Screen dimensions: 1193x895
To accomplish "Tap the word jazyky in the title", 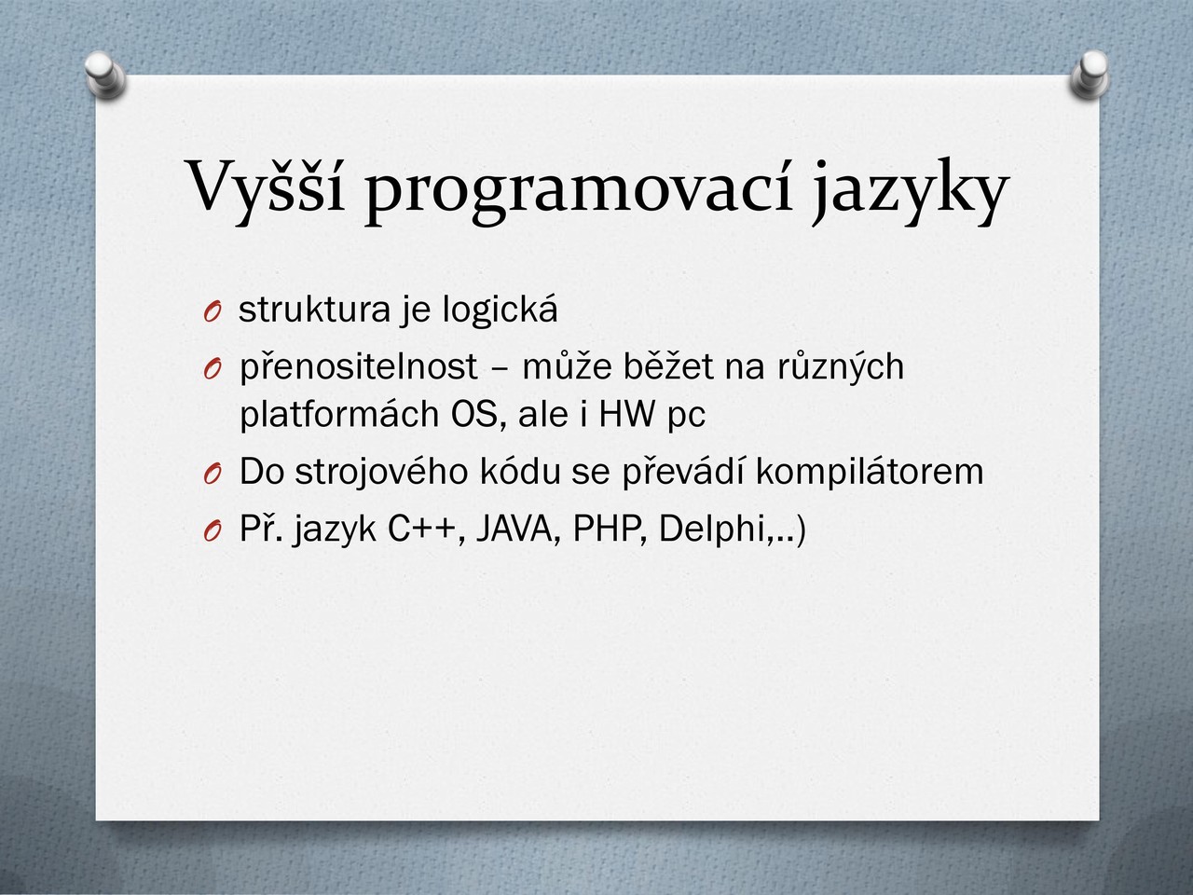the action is tap(909, 191).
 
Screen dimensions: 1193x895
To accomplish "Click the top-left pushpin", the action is tap(105, 75).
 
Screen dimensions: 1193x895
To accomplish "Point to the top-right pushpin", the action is tap(1090, 75).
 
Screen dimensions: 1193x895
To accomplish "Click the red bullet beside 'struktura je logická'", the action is tap(213, 312).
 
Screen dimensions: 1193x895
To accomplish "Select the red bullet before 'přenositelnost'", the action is tap(213, 369).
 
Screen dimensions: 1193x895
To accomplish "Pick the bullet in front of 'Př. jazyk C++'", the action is tap(213, 530).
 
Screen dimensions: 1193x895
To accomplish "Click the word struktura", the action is tap(315, 310).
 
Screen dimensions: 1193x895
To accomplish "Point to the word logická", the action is tap(500, 310).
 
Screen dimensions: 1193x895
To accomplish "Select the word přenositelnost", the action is tap(359, 368).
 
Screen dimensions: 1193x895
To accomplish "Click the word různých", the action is tap(841, 368).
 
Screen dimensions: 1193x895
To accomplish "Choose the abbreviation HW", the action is tap(627, 415).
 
